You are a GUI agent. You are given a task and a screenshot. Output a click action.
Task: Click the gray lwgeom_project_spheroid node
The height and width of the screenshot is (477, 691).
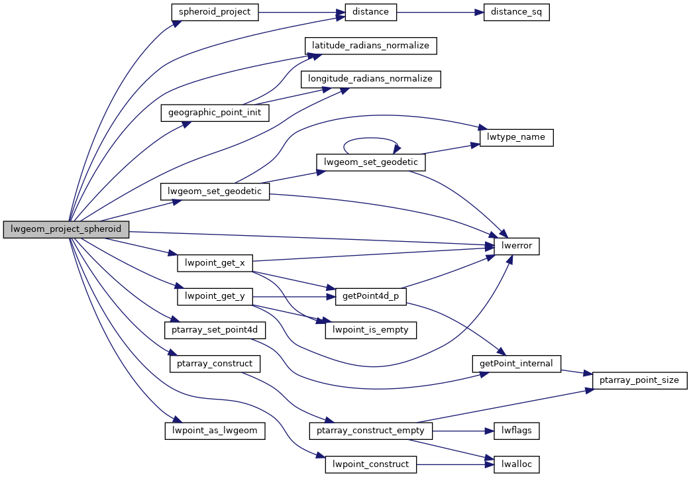pyautogui.click(x=66, y=230)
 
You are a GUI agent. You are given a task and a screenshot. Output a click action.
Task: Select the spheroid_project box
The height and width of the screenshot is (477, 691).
pyautogui.click(x=214, y=12)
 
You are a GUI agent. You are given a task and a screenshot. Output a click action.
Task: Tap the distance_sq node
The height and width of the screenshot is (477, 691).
pyautogui.click(x=516, y=12)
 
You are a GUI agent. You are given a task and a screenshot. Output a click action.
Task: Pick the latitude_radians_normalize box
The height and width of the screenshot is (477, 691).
pyautogui.click(x=370, y=46)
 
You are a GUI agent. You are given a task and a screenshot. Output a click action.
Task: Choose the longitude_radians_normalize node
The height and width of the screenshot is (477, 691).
pyautogui.click(x=370, y=79)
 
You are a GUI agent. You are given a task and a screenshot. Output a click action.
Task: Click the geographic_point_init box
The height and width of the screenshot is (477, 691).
pyautogui.click(x=215, y=113)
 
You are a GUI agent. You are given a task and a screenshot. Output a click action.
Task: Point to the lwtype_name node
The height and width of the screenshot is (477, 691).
pyautogui.click(x=516, y=137)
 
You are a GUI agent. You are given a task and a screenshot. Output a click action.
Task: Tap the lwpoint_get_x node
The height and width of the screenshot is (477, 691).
pyautogui.click(x=215, y=263)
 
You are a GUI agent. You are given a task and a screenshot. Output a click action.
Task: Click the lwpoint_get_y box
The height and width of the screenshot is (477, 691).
pyautogui.click(x=215, y=296)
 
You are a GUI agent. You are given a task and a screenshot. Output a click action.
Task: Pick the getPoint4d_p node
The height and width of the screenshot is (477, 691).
pyautogui.click(x=371, y=296)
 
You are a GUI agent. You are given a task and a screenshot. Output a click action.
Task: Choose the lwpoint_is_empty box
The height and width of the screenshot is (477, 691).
pyautogui.click(x=370, y=329)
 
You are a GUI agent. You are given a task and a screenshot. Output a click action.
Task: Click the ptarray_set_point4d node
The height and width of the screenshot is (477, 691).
pyautogui.click(x=215, y=329)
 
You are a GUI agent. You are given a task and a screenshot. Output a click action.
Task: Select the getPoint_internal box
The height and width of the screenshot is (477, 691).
pyautogui.click(x=516, y=363)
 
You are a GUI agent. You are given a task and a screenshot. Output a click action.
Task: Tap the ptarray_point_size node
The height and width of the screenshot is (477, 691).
pyautogui.click(x=639, y=380)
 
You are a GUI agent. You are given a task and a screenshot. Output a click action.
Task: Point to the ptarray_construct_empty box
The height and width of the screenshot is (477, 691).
pyautogui.click(x=370, y=430)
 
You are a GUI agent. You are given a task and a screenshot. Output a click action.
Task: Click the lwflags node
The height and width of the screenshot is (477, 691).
pyautogui.click(x=516, y=430)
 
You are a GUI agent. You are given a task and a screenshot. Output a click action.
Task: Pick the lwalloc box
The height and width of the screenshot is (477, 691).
pyautogui.click(x=516, y=464)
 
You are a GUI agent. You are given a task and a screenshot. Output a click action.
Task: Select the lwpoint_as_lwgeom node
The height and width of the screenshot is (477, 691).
pyautogui.click(x=215, y=430)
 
